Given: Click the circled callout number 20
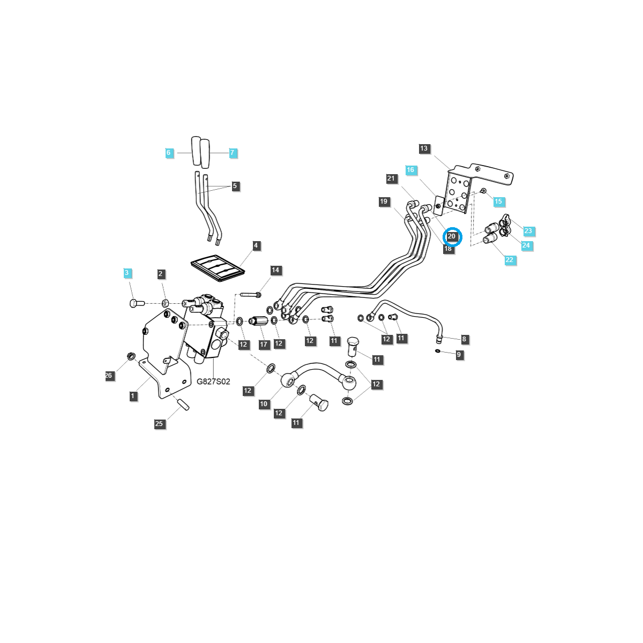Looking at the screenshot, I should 452,236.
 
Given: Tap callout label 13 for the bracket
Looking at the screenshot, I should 424,148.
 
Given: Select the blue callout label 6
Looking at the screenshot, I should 168,153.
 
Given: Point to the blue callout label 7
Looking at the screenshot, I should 232,153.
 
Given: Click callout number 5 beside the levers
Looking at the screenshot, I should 235,186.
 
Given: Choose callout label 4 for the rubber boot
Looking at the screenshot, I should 256,245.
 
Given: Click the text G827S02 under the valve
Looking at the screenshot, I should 213,382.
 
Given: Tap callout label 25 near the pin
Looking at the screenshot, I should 159,423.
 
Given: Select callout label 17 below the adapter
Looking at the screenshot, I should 264,345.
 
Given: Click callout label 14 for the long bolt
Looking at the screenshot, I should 275,270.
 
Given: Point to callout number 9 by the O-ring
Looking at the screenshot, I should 459,355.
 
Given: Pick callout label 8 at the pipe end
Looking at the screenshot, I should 464,339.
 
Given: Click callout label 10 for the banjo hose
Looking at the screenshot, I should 264,404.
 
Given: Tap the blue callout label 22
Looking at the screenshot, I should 509,260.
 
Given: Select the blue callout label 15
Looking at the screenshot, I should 498,201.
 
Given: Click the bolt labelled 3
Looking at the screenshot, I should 137,303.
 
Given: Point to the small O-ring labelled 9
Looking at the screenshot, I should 438,352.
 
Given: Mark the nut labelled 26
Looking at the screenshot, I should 130,356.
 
